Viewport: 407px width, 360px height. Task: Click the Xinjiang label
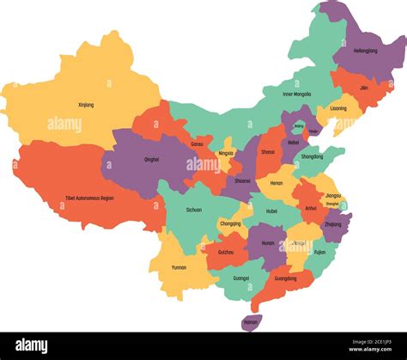pyautogui.click(x=85, y=105)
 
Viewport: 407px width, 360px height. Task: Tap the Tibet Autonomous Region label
pyautogui.click(x=89, y=198)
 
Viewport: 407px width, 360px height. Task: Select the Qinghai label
pyautogui.click(x=150, y=159)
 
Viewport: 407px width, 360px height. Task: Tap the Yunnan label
pyautogui.click(x=178, y=267)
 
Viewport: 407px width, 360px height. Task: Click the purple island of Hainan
pyautogui.click(x=250, y=322)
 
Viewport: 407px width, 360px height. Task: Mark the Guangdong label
pyautogui.click(x=286, y=278)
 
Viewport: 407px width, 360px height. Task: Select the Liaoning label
pyautogui.click(x=338, y=109)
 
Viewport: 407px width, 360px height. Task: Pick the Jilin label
pyautogui.click(x=364, y=88)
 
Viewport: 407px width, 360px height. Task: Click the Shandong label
pyautogui.click(x=313, y=156)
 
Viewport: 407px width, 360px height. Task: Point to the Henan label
pyautogui.click(x=276, y=183)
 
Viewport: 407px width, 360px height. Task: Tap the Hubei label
pyautogui.click(x=272, y=211)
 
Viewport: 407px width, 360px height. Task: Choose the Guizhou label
pyautogui.click(x=225, y=253)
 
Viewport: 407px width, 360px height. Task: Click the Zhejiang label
pyautogui.click(x=333, y=223)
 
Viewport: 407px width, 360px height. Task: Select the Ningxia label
pyautogui.click(x=226, y=153)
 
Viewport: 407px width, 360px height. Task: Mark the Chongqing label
pyautogui.click(x=230, y=223)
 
